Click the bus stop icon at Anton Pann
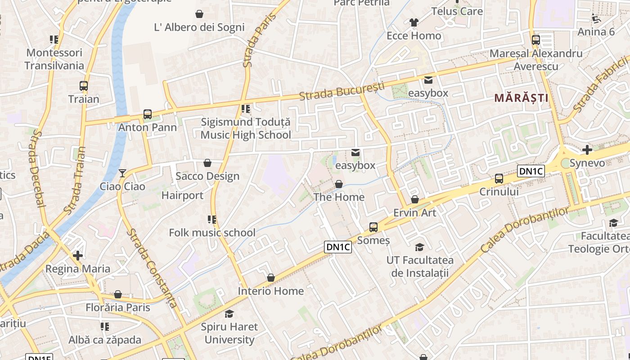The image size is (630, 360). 148,114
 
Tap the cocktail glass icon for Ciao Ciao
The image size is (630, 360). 122,173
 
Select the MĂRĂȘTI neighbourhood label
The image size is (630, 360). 521,98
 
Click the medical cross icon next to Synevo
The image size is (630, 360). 587,150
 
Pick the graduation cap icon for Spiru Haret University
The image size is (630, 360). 229,314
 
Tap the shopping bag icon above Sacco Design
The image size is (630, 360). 207,163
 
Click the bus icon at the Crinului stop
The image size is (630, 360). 499,179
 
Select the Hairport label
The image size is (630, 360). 182,195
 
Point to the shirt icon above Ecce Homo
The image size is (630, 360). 414,22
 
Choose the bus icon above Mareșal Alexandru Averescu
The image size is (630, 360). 535,40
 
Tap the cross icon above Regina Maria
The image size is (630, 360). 78,256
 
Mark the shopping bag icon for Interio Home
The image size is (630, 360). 270,278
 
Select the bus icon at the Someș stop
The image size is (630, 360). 373,227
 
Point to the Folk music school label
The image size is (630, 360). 212,233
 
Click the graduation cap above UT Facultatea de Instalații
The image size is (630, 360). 419,247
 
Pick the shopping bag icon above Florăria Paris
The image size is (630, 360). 117,295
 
